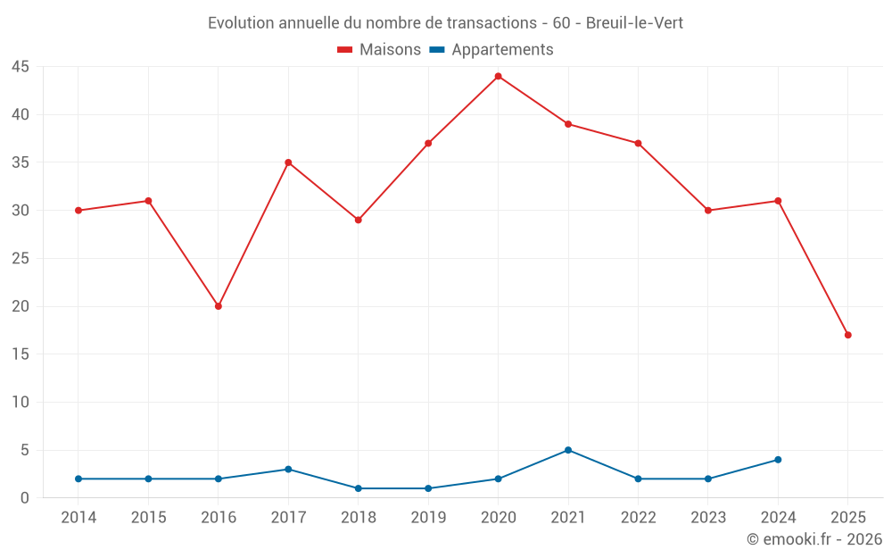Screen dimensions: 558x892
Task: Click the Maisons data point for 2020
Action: [499, 76]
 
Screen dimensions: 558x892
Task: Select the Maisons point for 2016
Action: [219, 306]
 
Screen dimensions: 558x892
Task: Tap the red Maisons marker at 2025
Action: [848, 335]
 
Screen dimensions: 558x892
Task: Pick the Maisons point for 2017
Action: [288, 162]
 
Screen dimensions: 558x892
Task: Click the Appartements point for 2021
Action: [568, 450]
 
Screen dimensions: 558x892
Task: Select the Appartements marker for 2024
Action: [778, 460]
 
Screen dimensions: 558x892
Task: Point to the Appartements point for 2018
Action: [359, 488]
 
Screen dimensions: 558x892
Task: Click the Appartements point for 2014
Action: [78, 479]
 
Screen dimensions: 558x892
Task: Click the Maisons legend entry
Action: [379, 50]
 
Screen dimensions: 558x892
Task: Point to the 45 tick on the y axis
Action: [21, 67]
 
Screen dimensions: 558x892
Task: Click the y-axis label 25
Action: [21, 259]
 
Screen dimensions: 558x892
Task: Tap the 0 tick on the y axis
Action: [25, 498]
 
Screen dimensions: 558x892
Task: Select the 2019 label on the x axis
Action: [428, 518]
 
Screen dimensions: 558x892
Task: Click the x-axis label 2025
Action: [848, 518]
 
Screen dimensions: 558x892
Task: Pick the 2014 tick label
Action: [78, 518]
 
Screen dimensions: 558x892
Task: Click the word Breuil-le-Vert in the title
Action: [634, 23]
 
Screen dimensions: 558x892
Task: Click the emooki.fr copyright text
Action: [814, 539]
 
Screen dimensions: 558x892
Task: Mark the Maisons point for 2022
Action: [639, 143]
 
